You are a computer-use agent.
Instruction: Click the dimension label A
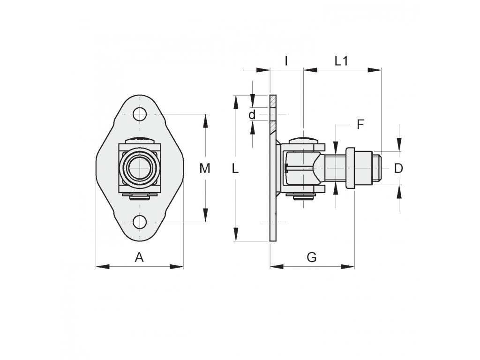pos(139,257)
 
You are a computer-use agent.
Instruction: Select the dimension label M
pos(205,168)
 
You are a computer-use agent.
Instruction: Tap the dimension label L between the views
pos(235,168)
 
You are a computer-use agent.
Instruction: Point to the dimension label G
pos(312,257)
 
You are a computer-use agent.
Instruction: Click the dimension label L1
pos(341,61)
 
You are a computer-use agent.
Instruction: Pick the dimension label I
pos(286,61)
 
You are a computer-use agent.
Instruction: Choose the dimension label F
pos(360,125)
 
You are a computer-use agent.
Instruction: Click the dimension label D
pos(398,168)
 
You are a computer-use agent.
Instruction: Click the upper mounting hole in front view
pos(140,114)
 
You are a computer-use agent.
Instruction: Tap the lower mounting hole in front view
pos(140,222)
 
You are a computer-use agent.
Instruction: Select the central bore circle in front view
pos(140,168)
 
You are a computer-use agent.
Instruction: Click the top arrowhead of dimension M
pos(205,120)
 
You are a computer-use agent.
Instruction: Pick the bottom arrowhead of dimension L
pos(236,234)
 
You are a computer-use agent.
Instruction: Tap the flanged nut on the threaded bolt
pos(350,168)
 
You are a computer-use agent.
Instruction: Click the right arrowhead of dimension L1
pos(375,70)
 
